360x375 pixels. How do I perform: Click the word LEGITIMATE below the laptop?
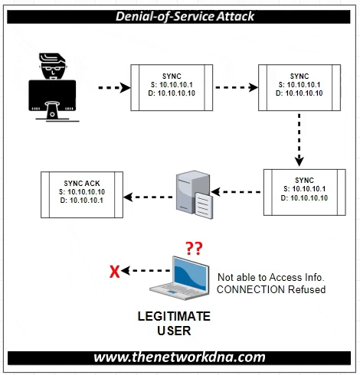174,318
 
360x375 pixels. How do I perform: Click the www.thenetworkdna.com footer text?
180,357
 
